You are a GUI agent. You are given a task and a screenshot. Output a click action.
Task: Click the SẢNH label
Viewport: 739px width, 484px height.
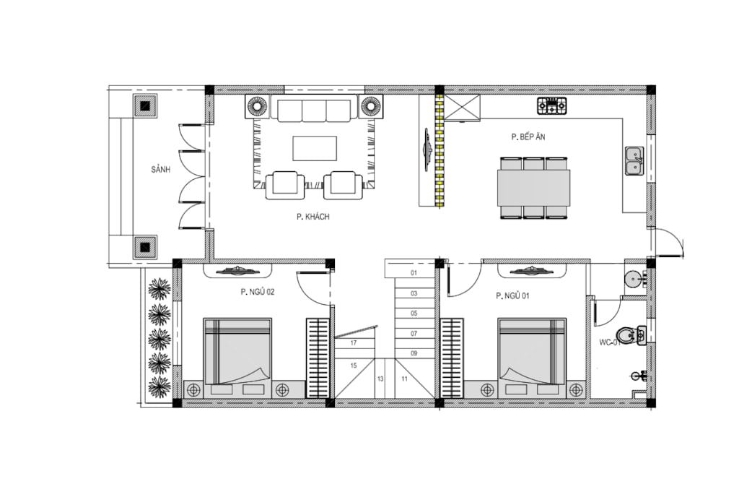[161, 169]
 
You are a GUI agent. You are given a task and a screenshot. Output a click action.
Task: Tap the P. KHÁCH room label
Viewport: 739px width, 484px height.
[313, 217]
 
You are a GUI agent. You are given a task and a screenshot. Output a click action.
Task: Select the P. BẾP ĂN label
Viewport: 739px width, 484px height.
[528, 137]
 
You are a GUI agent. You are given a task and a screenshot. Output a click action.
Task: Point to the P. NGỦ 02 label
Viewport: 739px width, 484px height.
[258, 292]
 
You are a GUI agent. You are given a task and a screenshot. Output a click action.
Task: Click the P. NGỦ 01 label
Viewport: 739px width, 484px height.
[513, 295]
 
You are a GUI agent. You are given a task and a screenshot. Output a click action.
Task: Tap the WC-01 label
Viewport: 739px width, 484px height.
[609, 342]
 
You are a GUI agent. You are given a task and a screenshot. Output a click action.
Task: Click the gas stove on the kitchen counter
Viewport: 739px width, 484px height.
[552, 105]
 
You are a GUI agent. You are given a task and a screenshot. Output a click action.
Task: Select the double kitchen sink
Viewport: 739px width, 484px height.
[634, 160]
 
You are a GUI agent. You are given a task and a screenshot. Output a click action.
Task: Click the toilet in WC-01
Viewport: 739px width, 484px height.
[631, 335]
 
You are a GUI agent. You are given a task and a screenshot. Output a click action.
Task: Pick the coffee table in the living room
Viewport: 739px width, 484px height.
[315, 149]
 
